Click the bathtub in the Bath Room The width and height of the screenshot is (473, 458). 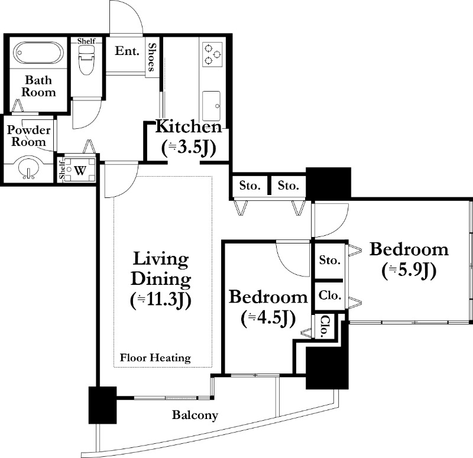click(38, 53)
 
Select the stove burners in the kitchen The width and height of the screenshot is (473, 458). click(212, 54)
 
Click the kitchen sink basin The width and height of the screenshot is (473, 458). click(212, 106)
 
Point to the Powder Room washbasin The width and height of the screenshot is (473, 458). click(28, 168)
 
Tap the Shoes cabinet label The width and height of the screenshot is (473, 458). click(153, 57)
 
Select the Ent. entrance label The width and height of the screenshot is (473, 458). click(127, 51)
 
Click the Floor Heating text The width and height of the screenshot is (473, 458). click(155, 358)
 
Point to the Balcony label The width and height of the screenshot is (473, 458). click(195, 415)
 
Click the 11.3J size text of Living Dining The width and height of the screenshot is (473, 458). click(160, 300)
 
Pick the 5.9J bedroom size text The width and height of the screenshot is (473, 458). click(409, 271)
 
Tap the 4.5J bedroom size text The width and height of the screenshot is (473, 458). click(268, 319)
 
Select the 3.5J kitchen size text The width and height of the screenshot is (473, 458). click(189, 148)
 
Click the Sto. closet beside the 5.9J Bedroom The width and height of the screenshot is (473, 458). click(330, 259)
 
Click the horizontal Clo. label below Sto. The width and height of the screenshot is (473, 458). click(330, 295)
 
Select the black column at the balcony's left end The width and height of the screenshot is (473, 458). click(102, 405)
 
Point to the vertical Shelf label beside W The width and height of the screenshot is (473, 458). click(62, 170)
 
